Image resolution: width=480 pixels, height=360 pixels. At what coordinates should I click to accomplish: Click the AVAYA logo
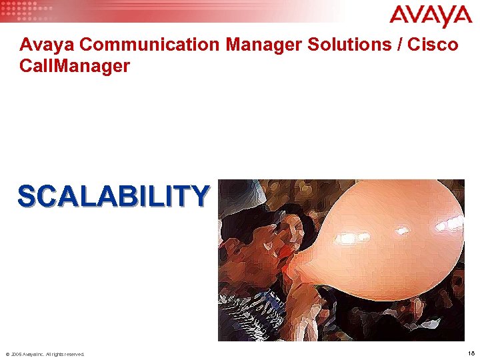(x=430, y=16)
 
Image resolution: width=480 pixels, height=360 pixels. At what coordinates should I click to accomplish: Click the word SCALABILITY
(x=113, y=196)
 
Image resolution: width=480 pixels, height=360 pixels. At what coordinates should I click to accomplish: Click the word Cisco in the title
(x=436, y=45)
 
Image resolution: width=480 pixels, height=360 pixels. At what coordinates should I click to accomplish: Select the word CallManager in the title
(x=75, y=67)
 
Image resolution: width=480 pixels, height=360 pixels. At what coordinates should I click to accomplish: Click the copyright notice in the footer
(x=45, y=354)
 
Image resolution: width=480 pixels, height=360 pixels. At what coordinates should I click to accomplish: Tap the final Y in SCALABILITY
(x=199, y=196)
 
